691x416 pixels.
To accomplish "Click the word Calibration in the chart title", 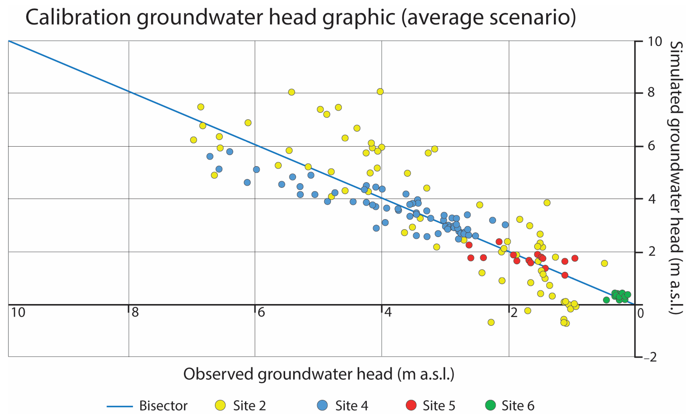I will (x=78, y=17).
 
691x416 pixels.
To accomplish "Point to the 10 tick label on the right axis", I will (x=655, y=42).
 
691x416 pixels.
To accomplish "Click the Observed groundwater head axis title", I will (x=319, y=374).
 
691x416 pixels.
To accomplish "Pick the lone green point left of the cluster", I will (x=606, y=300).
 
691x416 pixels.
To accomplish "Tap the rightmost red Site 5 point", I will (x=575, y=258).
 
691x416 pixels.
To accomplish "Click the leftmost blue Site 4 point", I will (x=210, y=156).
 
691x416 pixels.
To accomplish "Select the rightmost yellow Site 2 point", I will (x=604, y=263).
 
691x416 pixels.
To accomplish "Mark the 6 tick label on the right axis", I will (x=652, y=146).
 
